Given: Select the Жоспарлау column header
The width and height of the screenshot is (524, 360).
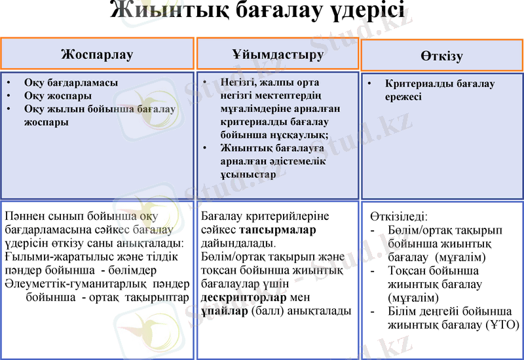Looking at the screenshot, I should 97,54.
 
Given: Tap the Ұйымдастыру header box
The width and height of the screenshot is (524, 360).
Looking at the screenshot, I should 278,54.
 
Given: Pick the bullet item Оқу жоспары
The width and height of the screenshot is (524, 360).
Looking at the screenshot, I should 58,96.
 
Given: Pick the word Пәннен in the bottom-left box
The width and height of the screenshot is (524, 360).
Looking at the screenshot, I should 24,216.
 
